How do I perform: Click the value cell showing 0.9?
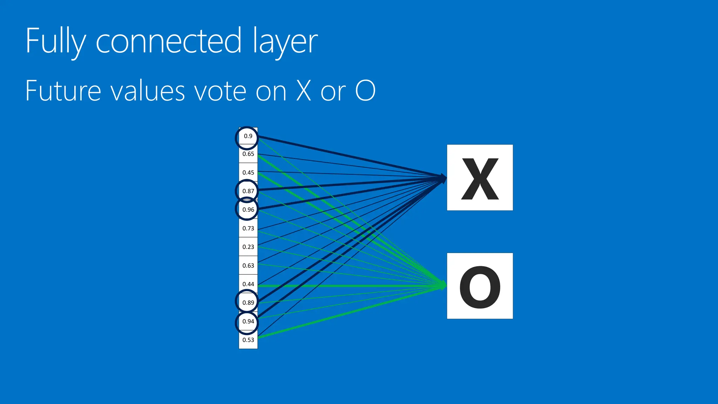[248, 136]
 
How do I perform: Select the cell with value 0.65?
[248, 154]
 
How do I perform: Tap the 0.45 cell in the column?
[248, 173]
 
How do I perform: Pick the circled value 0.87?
[248, 191]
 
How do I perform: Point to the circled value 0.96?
[248, 210]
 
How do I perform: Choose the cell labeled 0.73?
[248, 228]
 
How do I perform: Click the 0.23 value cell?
[248, 247]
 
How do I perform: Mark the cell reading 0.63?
[248, 265]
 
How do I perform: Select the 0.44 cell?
[248, 284]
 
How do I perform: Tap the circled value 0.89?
[248, 303]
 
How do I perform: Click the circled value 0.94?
[248, 321]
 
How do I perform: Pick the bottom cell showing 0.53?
[248, 340]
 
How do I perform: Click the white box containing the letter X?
[480, 177]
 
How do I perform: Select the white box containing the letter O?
[480, 286]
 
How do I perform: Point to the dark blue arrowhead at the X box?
[443, 178]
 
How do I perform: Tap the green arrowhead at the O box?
[443, 285]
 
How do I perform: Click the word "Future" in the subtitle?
[63, 90]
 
